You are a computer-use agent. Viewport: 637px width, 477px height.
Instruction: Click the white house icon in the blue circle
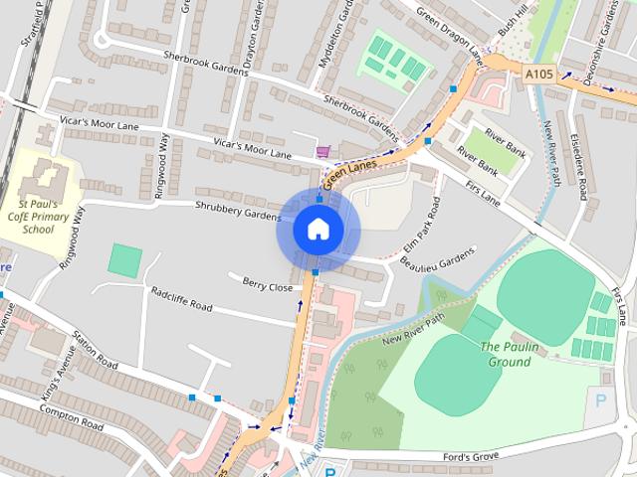(318, 230)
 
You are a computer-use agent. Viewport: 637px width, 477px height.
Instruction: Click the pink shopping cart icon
(322, 152)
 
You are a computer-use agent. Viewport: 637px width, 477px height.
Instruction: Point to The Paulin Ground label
(505, 353)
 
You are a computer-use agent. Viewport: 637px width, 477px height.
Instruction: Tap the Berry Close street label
(268, 285)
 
